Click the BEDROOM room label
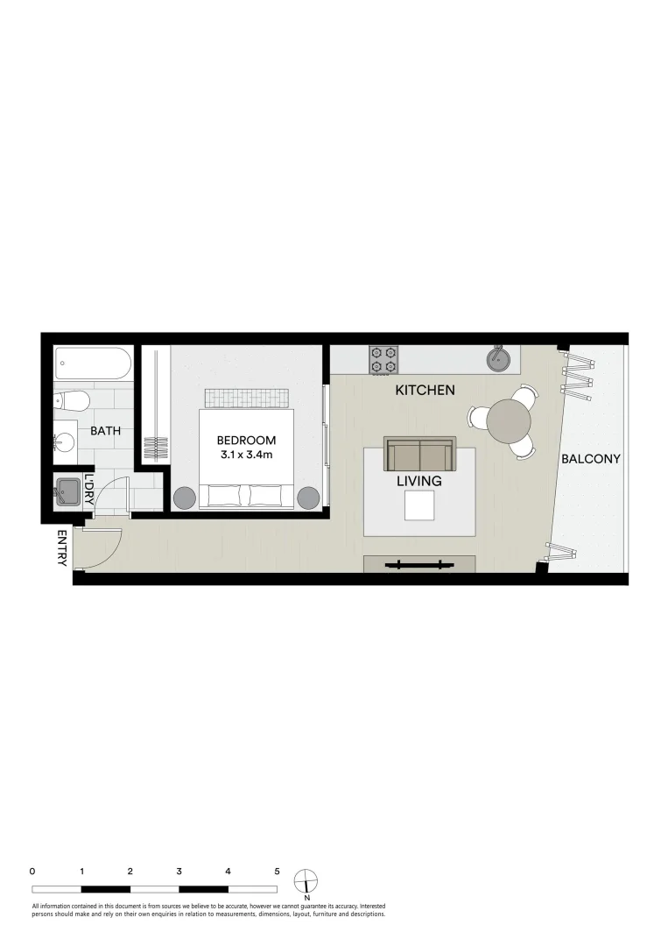(x=247, y=440)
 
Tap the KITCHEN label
(x=425, y=390)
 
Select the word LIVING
(x=418, y=481)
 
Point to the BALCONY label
(x=591, y=458)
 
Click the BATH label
(x=105, y=431)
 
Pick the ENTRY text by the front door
(x=62, y=548)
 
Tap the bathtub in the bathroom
(x=93, y=364)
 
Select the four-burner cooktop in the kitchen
(x=383, y=359)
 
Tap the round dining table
(x=509, y=422)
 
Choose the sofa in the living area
(x=419, y=454)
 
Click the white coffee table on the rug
(x=419, y=505)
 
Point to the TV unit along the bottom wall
(x=419, y=564)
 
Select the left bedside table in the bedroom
(x=185, y=498)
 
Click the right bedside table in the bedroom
(x=308, y=498)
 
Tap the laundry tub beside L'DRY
(x=67, y=491)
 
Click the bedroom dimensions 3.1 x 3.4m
(x=247, y=455)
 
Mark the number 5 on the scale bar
(x=277, y=872)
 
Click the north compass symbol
(x=306, y=879)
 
